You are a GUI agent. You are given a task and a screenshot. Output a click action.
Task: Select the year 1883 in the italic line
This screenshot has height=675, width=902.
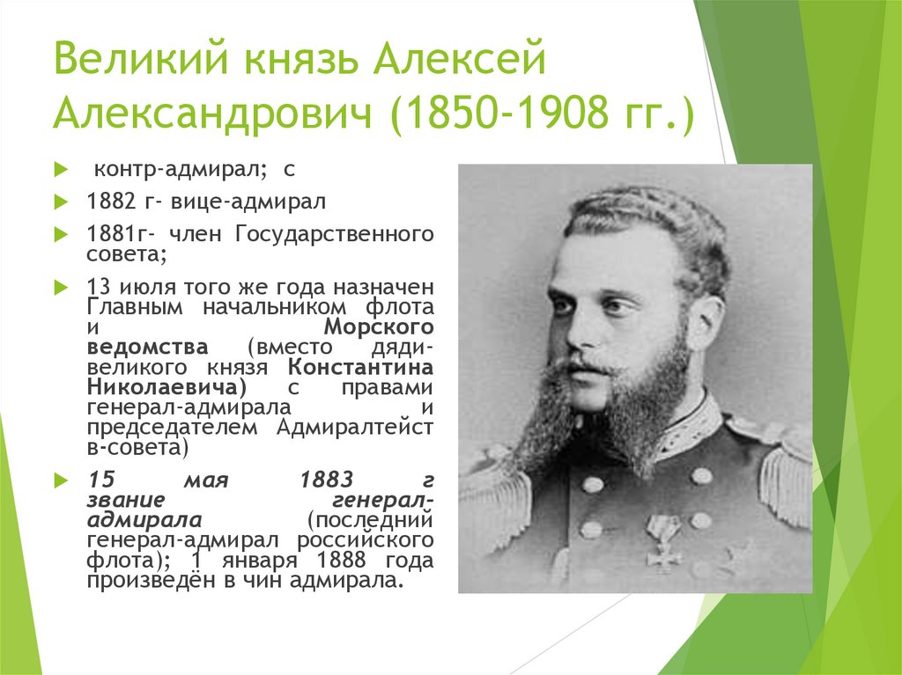(x=327, y=480)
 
